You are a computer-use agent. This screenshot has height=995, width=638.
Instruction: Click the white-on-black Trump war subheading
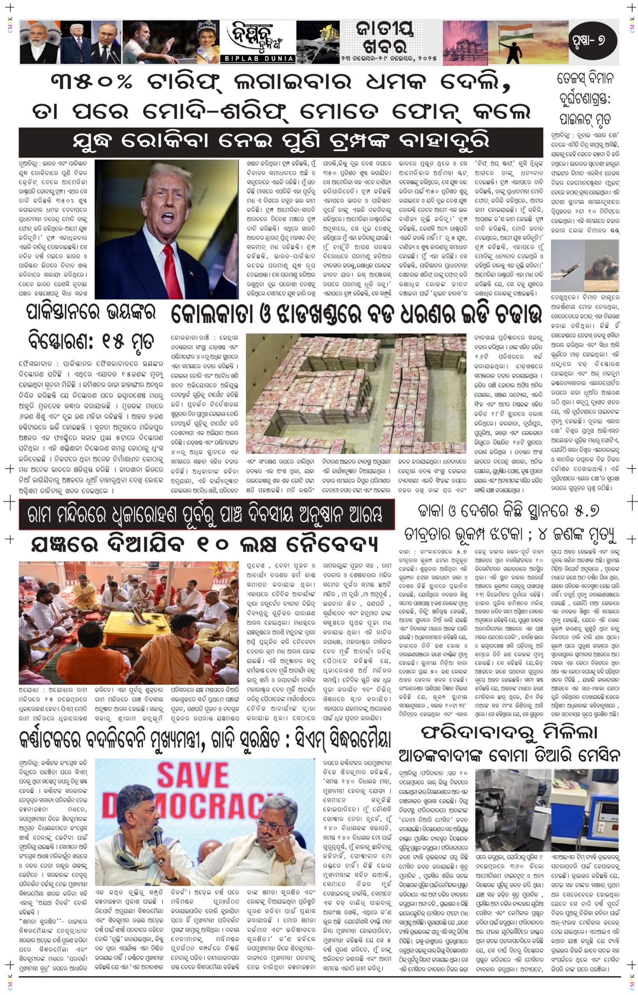281,141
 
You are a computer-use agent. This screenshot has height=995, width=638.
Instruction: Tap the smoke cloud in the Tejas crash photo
603,265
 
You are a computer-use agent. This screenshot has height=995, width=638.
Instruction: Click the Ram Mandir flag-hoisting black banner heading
206,514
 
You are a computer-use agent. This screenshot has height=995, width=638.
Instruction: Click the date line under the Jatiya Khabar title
389,59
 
